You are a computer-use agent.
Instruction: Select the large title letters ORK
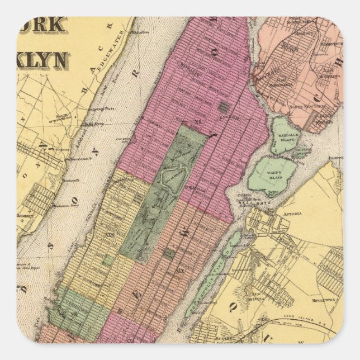[42, 26]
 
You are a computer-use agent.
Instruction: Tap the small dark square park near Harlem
[224, 106]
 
